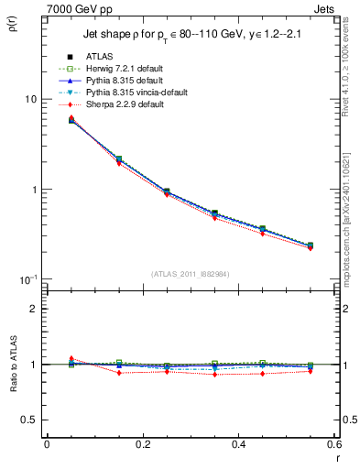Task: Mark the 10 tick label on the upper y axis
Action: click(x=29, y=100)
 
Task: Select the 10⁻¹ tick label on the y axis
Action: click(x=27, y=279)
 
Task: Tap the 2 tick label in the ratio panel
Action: click(x=34, y=310)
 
